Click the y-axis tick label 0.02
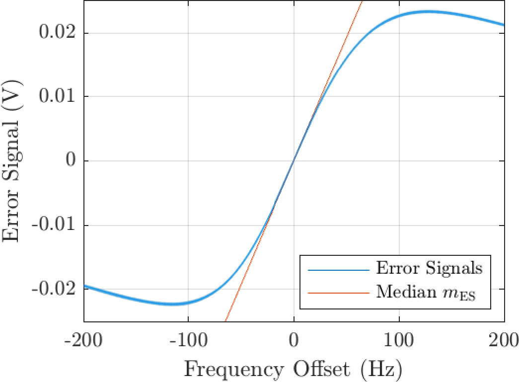(56, 33)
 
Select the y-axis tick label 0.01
(56, 97)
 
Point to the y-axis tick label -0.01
(54, 225)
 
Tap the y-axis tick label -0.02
(54, 289)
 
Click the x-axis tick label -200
(84, 343)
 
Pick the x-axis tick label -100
(189, 343)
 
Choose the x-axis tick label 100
(400, 343)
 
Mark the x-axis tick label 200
(504, 343)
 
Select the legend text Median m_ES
(426, 292)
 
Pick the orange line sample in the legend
(338, 293)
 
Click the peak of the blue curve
(427, 11)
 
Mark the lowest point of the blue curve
(172, 304)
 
